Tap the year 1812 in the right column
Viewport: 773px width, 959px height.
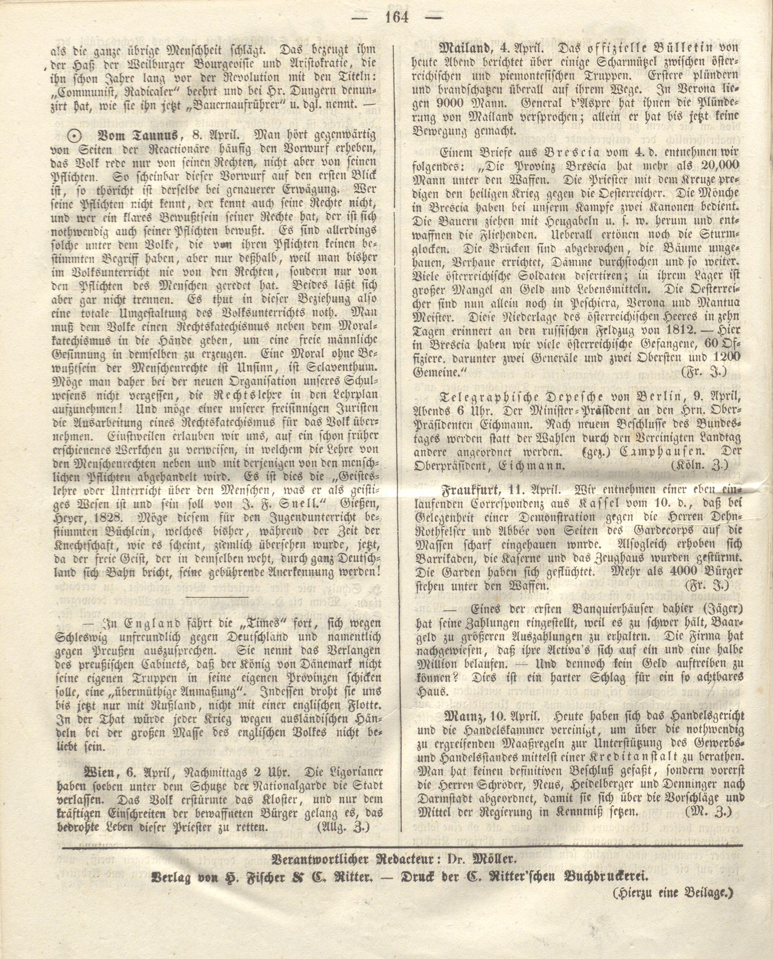tap(686, 330)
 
